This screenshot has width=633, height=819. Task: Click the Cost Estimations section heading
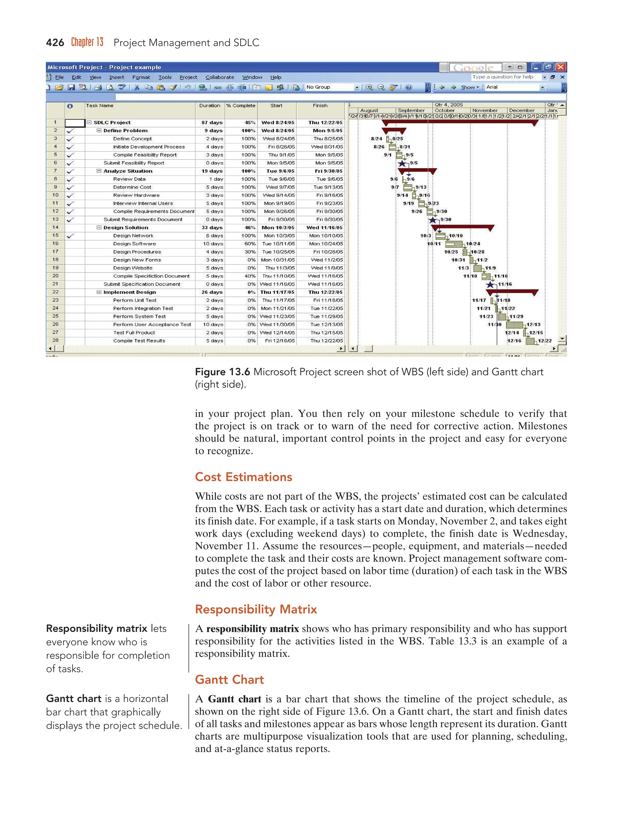pyautogui.click(x=243, y=477)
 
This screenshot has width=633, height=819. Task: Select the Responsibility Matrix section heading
pyautogui.click(x=256, y=609)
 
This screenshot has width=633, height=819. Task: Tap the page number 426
pyautogui.click(x=55, y=43)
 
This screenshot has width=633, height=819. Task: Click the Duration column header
pyautogui.click(x=210, y=106)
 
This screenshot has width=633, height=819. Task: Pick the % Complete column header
pyautogui.click(x=240, y=106)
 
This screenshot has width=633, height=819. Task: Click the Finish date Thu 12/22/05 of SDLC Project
pyautogui.click(x=325, y=123)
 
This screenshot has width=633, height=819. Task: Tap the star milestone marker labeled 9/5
pyautogui.click(x=402, y=163)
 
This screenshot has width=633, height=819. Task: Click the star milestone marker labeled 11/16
pyautogui.click(x=490, y=285)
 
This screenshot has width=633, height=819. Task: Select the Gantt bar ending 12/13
pyautogui.click(x=515, y=325)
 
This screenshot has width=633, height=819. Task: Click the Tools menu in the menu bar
pyautogui.click(x=165, y=77)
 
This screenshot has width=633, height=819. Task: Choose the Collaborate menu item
pyautogui.click(x=219, y=77)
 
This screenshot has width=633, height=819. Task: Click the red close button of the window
pyautogui.click(x=561, y=67)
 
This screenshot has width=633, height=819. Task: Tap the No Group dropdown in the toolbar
pyautogui.click(x=332, y=87)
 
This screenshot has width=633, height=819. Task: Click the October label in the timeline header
pyautogui.click(x=444, y=111)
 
